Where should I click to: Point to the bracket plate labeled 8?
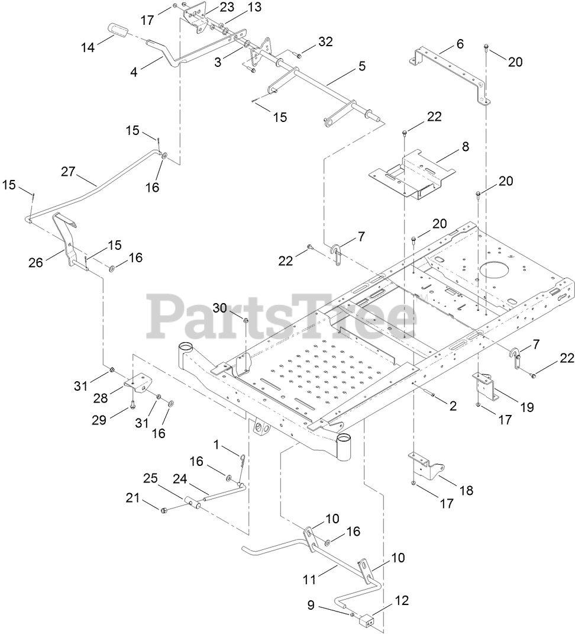click(x=414, y=175)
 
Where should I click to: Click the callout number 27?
click(x=68, y=172)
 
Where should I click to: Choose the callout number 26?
click(x=35, y=262)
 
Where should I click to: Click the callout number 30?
click(x=220, y=308)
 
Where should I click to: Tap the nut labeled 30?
click(x=245, y=321)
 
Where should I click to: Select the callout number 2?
click(x=453, y=405)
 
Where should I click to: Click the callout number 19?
click(x=526, y=407)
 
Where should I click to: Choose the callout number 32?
click(x=325, y=41)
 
